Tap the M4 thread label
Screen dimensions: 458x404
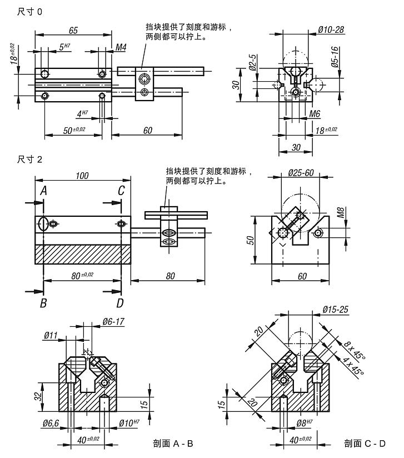pyautogui.click(x=121, y=48)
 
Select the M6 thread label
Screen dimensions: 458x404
pyautogui.click(x=315, y=114)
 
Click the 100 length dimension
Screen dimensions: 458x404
pyautogui.click(x=82, y=176)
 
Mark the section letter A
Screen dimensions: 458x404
pyautogui.click(x=43, y=191)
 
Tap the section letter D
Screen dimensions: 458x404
pyautogui.click(x=121, y=303)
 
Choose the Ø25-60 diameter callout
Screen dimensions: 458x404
pyautogui.click(x=301, y=173)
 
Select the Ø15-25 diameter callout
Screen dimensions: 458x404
pyautogui.click(x=335, y=309)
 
